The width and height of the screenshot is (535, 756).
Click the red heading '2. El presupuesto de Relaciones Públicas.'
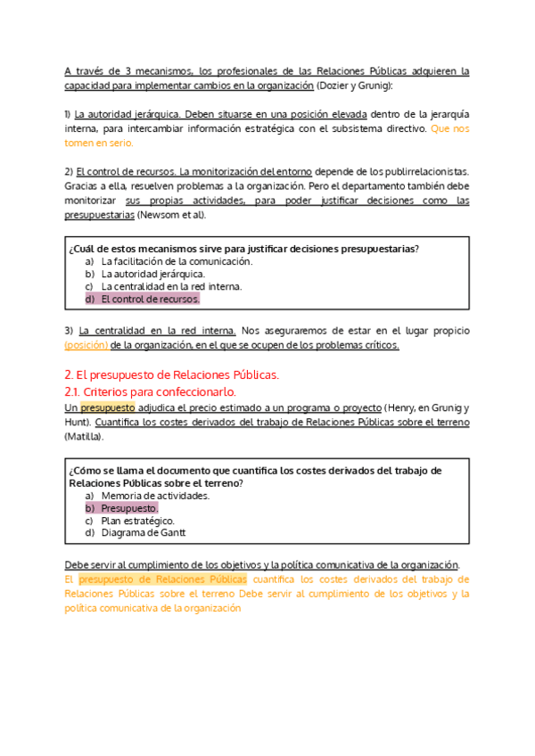point(172,374)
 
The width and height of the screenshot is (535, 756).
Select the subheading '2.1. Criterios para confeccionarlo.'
point(151,391)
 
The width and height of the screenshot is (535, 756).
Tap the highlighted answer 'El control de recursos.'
point(150,300)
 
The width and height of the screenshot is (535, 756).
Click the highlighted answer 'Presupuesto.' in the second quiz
point(128,507)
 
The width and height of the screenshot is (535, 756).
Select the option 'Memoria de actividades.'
point(155,495)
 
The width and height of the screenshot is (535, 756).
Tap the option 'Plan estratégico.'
point(137,521)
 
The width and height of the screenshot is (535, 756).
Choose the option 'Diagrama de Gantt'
point(143,533)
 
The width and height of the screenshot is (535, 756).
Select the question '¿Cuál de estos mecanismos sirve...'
point(243,248)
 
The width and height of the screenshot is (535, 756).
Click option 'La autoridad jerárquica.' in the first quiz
point(152,274)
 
